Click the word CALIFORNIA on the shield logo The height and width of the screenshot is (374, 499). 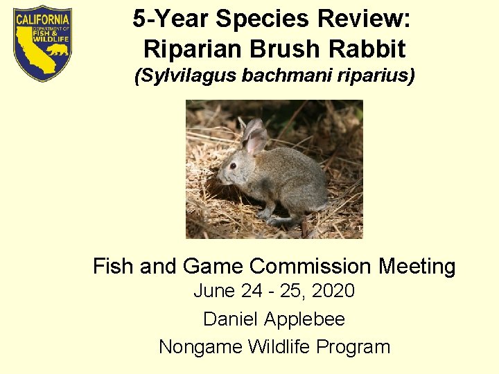click(42, 19)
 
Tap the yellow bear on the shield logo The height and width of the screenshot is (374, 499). click(60, 51)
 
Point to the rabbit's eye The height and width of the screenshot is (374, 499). click(233, 166)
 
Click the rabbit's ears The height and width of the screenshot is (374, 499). click(255, 136)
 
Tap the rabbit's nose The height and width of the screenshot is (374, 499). click(220, 177)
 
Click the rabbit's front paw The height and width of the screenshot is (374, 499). click(265, 215)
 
